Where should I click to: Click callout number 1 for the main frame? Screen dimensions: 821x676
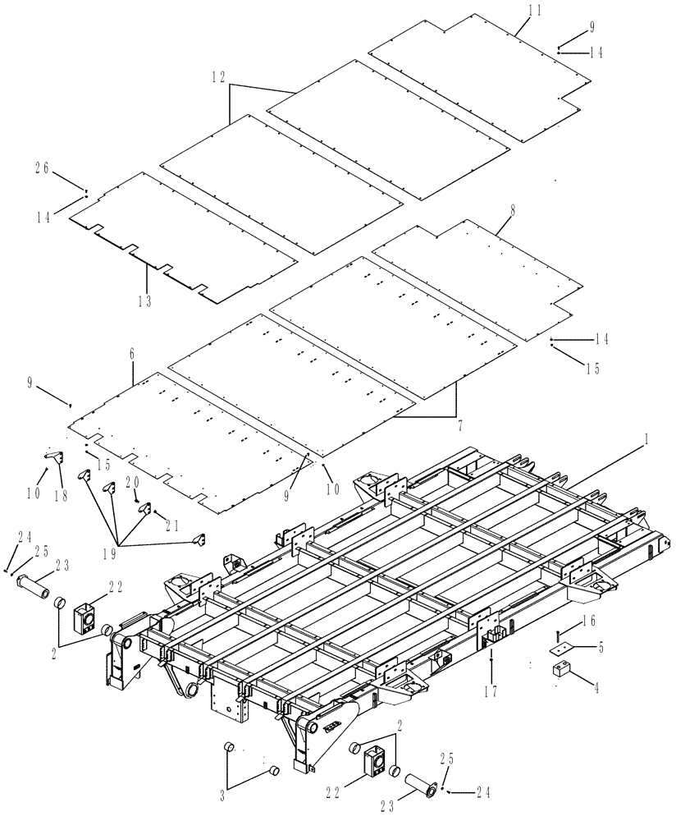click(x=646, y=441)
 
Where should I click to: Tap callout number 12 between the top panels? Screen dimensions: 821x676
click(x=218, y=77)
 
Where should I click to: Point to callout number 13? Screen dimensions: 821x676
click(x=145, y=300)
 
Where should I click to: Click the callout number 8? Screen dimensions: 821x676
click(x=513, y=210)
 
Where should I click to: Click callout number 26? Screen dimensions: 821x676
click(x=42, y=167)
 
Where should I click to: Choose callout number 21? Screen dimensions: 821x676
click(x=173, y=525)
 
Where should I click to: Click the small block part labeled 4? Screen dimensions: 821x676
click(x=562, y=670)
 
